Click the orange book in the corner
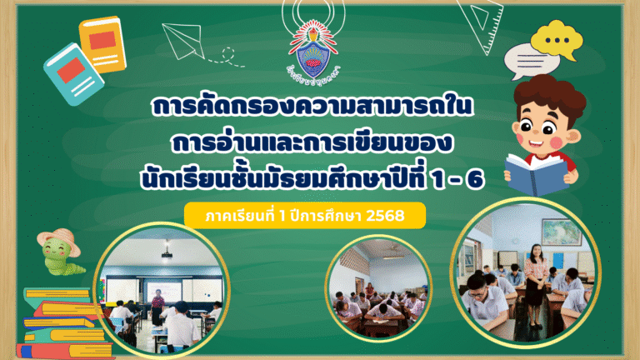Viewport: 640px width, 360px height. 102,43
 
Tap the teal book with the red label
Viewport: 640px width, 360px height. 74,72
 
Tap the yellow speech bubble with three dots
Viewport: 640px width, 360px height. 555,39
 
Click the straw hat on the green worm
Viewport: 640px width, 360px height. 65,242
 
